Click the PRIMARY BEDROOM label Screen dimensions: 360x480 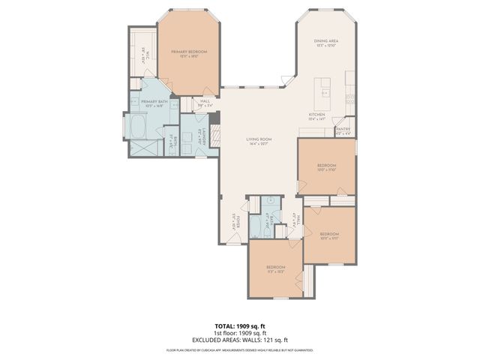[x=188, y=52]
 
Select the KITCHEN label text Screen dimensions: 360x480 [x=317, y=115]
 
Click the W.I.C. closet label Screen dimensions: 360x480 [x=143, y=54]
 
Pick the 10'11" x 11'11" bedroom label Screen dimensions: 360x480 [x=330, y=236]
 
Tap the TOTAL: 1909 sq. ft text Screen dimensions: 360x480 [x=239, y=325]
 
